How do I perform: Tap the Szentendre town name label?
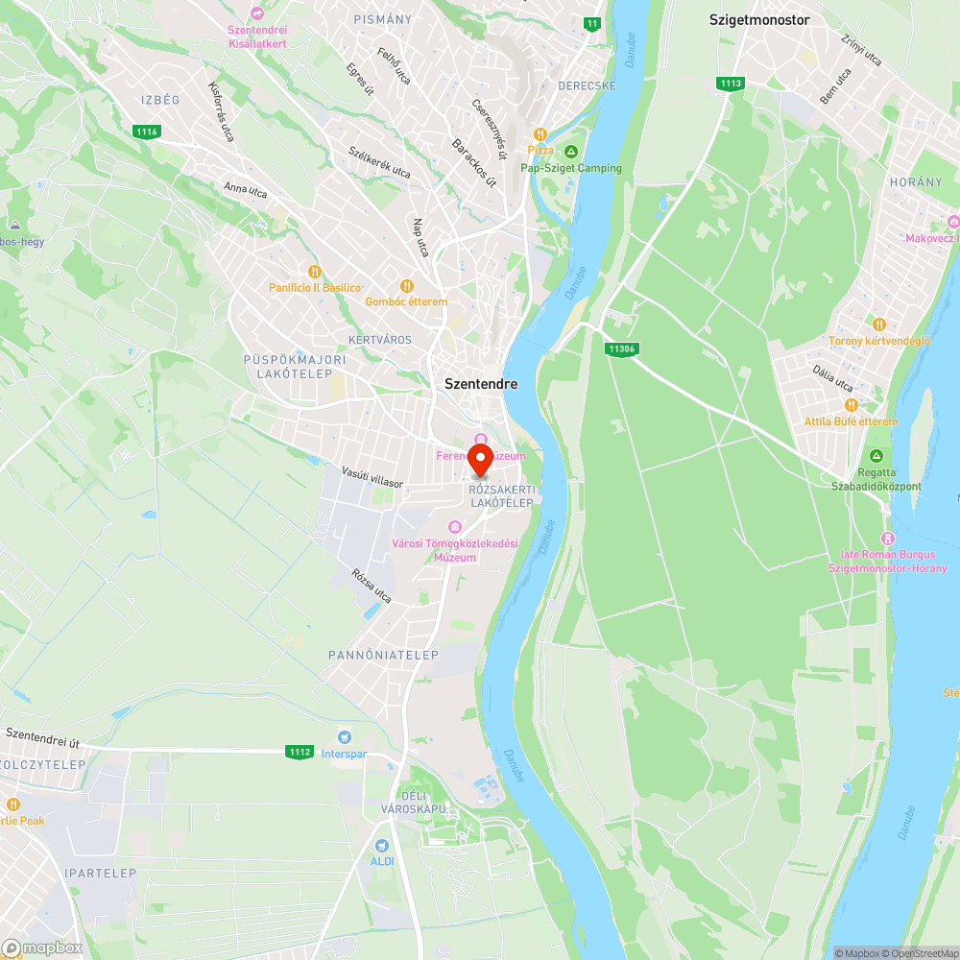click(x=480, y=384)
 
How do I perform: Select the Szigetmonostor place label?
click(x=759, y=19)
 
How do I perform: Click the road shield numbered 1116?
click(x=147, y=132)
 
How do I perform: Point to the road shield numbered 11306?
click(x=622, y=349)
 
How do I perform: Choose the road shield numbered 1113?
click(x=730, y=84)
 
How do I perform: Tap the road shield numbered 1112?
click(x=299, y=752)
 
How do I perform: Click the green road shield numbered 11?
click(x=592, y=23)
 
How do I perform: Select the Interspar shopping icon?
click(x=329, y=737)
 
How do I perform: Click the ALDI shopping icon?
click(x=382, y=846)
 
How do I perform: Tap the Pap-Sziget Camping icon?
click(x=570, y=153)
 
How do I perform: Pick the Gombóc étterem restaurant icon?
click(x=406, y=286)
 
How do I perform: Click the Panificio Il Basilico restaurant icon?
click(x=313, y=273)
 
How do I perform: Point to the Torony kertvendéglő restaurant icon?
click(x=879, y=324)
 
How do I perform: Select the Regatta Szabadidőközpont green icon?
click(x=876, y=456)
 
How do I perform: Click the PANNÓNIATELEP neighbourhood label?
click(x=383, y=655)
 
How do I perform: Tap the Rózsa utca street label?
click(x=372, y=586)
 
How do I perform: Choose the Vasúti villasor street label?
click(x=372, y=478)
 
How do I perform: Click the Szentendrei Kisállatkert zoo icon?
click(x=256, y=12)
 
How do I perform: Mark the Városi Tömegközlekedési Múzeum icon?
click(x=455, y=526)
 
